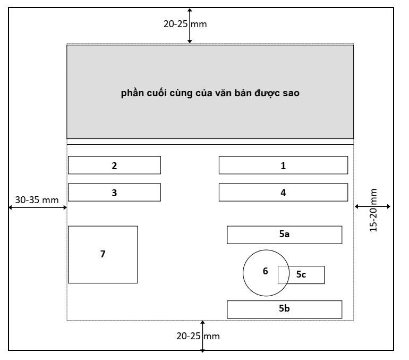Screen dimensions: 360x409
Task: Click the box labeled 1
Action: (283, 165)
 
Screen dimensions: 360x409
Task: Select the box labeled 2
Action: (114, 165)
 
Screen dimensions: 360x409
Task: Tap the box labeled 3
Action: (114, 192)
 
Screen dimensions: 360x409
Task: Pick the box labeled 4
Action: (283, 192)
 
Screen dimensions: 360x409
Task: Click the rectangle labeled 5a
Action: (284, 235)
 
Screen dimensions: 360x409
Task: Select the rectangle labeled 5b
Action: (284, 309)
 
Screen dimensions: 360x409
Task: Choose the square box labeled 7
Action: (103, 254)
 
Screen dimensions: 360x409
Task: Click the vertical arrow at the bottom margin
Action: (202, 335)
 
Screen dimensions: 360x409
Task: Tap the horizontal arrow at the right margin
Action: (373, 206)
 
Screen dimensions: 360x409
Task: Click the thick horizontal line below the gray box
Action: (210, 144)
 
